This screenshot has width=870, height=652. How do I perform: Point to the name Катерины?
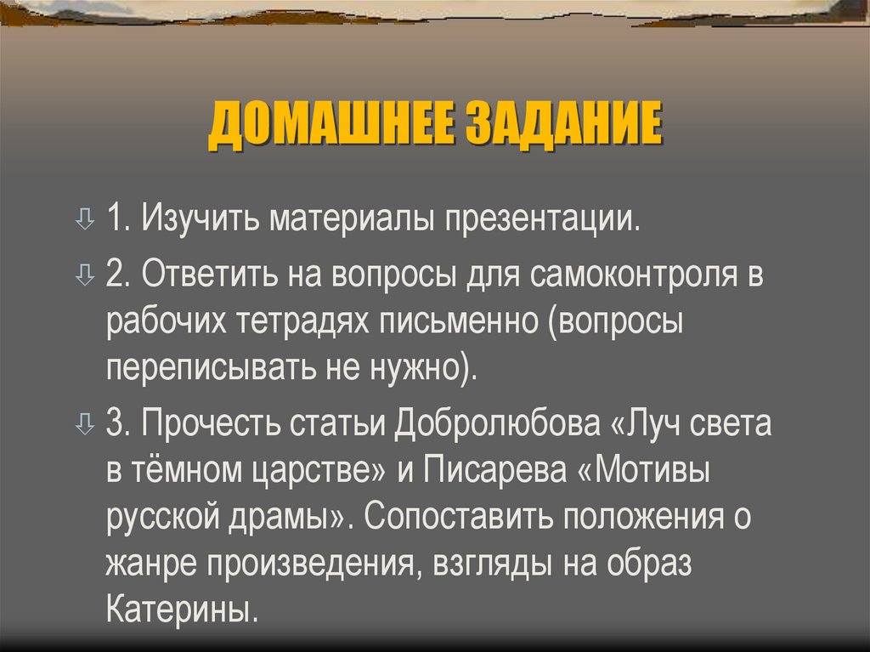pos(181,612)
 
